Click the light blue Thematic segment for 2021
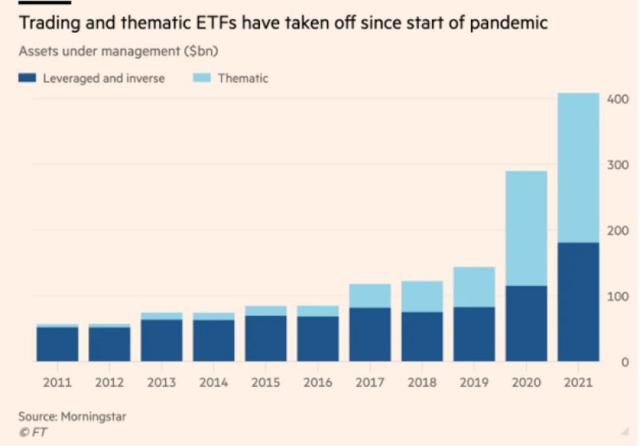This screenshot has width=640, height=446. pos(579,168)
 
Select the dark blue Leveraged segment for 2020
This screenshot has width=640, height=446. pos(526,323)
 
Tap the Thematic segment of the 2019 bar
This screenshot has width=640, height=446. pos(474,287)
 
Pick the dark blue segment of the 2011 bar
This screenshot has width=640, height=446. pos(57,344)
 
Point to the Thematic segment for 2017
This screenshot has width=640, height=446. pos(370,296)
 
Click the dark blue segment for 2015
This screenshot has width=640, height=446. pos(266,339)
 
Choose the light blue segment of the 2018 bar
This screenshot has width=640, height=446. pos(422,296)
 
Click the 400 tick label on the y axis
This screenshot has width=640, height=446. pos(618,99)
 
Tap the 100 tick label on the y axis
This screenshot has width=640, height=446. pos(618,296)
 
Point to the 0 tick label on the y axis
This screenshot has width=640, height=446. pos(624,362)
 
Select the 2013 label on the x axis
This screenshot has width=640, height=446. pos(161,382)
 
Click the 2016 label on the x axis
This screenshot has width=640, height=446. pos(317,382)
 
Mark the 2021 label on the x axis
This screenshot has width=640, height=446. pos(578,382)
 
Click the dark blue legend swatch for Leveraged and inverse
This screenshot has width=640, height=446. pos(27,78)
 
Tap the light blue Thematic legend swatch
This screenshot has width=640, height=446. pos(202,78)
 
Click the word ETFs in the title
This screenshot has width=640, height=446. pos(216,22)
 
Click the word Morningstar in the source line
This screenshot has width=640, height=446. pos(93,417)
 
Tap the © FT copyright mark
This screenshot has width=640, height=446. pos(33,432)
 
